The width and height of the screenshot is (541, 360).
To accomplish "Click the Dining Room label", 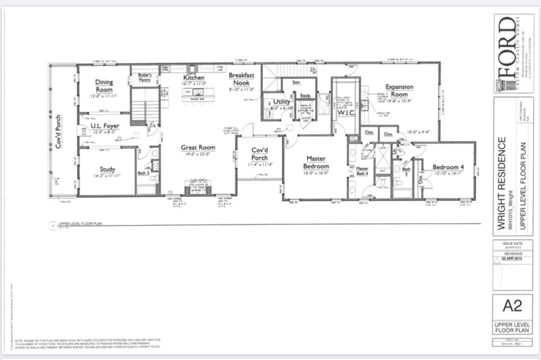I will pos(104,86).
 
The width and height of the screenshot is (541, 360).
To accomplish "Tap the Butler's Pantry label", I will pos(145,77).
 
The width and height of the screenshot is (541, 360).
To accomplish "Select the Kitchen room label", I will pos(193,77).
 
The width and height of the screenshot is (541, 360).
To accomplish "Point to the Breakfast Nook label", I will pos(242,79).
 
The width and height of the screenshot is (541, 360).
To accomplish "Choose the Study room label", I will pos(107,169).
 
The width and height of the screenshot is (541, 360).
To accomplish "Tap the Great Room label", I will pos(197,148).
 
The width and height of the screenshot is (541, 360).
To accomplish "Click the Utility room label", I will pos(281,101).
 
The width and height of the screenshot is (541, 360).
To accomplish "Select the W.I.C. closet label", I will pos(345,112).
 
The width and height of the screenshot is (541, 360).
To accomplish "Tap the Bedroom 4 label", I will pos(448,167).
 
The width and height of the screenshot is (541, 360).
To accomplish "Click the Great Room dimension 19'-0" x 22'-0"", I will pos(197,154).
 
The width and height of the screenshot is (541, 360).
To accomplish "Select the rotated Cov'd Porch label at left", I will pos(58,132).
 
